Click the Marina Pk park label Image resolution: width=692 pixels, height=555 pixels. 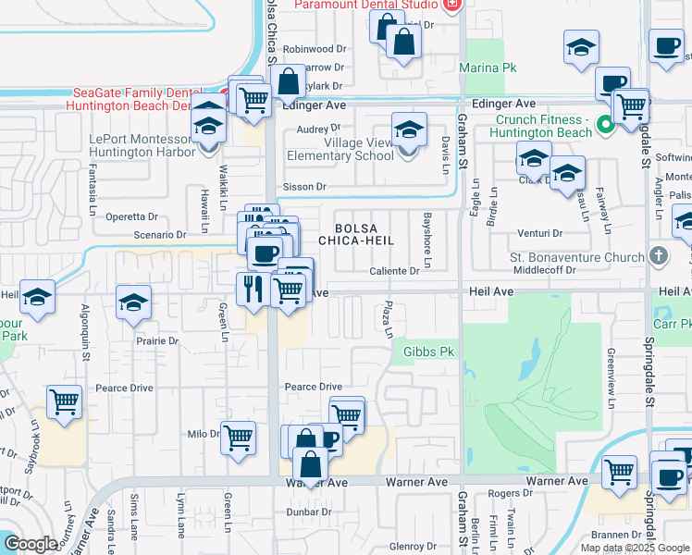pos(489,68)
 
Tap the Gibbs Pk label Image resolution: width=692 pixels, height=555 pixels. pos(429,351)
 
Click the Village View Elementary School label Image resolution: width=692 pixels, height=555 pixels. pos(340,150)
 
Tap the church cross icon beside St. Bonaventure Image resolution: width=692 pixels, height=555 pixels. pos(658,254)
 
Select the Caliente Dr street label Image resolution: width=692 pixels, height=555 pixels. pos(395,271)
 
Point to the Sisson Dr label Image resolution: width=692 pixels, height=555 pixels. pos(305,187)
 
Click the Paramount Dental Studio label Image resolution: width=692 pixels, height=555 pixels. pos(365,6)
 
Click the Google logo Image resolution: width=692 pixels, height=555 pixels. pos(31,543)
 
